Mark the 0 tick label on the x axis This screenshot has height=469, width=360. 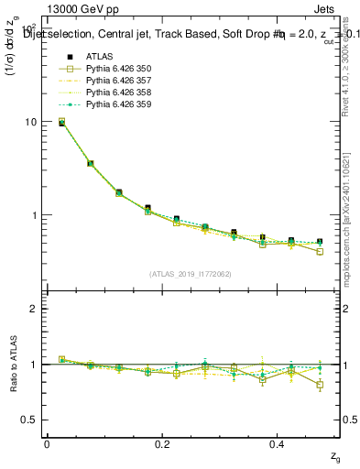click(x=47, y=444)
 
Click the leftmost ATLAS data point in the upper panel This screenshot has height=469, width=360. click(x=61, y=122)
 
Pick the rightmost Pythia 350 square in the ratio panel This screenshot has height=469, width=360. click(x=320, y=385)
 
